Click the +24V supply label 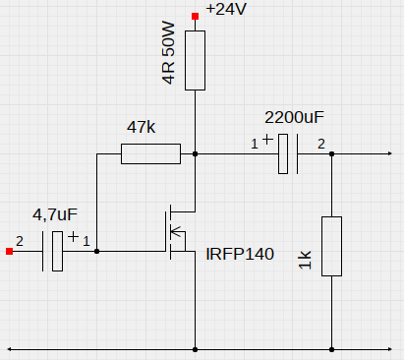[226, 9]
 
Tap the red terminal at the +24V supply [195, 16]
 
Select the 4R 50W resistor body [195, 60]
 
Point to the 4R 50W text [168, 53]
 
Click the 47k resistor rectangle [150, 153]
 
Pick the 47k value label [142, 127]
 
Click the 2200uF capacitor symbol [288, 153]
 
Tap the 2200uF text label [294, 117]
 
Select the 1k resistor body [331, 246]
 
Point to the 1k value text [305, 260]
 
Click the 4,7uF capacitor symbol [52, 252]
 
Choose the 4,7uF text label [55, 214]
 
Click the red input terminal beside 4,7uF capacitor [9, 252]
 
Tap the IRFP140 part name [240, 254]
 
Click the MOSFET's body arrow [177, 231]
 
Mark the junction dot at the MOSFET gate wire [96, 252]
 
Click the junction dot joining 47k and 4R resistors [195, 153]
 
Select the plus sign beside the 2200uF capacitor [267, 139]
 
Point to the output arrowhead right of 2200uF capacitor [389, 153]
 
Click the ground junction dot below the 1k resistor [331, 349]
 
